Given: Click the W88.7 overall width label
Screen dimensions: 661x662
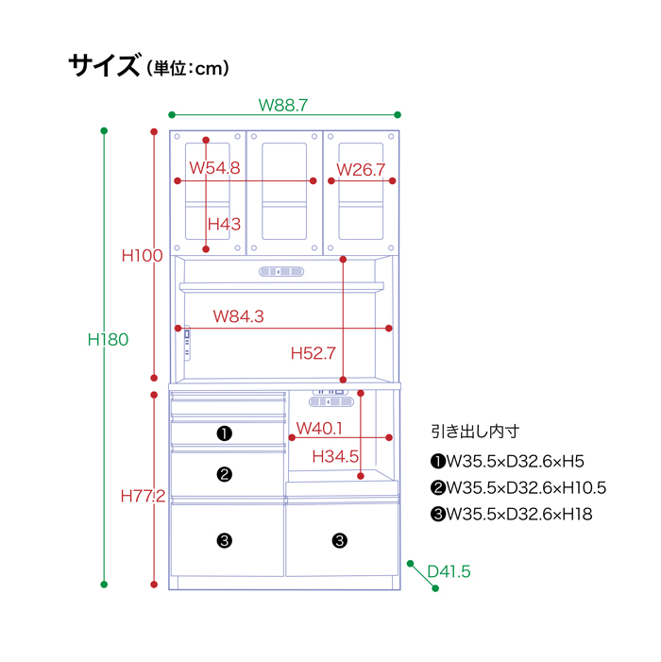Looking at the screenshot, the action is tap(282, 105).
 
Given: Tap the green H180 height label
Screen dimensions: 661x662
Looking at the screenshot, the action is tap(108, 339).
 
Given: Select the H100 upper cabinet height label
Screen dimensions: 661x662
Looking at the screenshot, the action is tap(143, 255).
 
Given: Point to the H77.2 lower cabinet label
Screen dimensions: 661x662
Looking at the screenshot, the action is tap(144, 496).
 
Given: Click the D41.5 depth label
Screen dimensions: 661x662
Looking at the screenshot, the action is tap(449, 571).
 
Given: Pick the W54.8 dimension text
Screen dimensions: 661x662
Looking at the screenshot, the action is tap(215, 168).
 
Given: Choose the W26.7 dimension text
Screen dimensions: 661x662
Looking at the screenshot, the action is tap(361, 170).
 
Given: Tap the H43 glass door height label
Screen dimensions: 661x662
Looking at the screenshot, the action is tap(224, 224).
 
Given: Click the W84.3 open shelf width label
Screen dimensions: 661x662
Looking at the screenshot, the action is tap(239, 316).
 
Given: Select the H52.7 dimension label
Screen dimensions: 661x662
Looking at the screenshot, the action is tap(314, 353).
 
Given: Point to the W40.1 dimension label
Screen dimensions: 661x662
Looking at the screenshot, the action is tap(319, 429).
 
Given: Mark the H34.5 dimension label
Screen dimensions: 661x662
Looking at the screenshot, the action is tap(335, 456).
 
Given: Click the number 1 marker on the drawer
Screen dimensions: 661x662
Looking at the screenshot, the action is tap(224, 433).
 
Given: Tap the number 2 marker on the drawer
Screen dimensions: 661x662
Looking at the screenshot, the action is tap(224, 475).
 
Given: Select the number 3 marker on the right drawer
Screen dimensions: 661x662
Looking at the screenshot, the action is tap(340, 540).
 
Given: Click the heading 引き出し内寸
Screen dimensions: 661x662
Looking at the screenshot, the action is tap(475, 432).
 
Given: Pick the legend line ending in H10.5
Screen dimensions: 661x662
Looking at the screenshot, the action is tap(518, 488).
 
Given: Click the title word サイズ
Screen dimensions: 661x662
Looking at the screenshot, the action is tap(104, 65).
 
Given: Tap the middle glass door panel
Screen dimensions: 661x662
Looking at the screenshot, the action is tap(284, 192).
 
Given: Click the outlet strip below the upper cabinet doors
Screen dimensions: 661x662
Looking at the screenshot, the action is tap(281, 271).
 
